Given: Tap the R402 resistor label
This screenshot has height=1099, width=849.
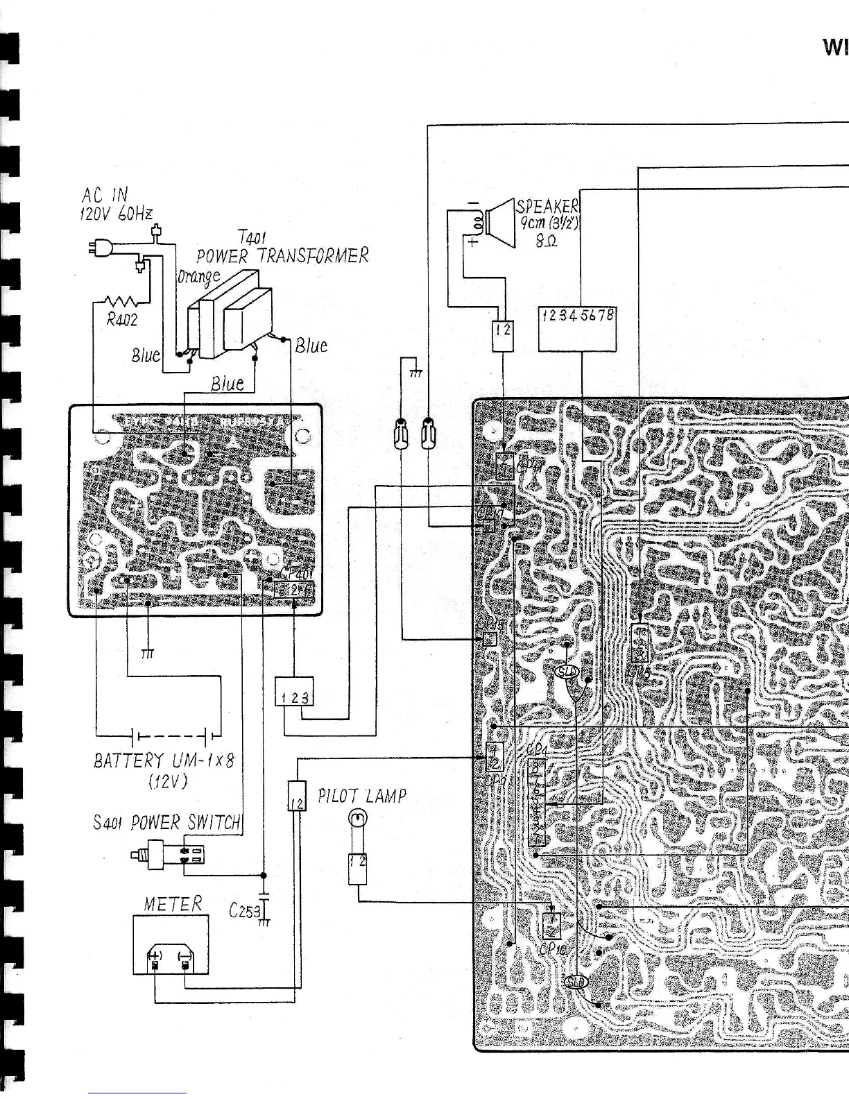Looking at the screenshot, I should [x=122, y=320].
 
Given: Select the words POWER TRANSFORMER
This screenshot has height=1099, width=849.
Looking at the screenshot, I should [x=282, y=255].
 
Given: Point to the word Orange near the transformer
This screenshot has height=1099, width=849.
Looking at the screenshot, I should [x=198, y=276].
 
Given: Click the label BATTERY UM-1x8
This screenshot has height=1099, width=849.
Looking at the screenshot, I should [x=164, y=760].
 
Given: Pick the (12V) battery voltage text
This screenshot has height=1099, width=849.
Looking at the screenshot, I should [x=167, y=781].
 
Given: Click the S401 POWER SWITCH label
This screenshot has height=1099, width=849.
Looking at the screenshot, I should [x=166, y=823].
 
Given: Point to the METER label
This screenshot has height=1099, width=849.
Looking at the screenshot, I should [x=173, y=904].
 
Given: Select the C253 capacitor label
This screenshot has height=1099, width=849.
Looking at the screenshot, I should [x=243, y=910].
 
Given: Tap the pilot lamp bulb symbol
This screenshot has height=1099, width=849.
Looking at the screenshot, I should [x=357, y=821].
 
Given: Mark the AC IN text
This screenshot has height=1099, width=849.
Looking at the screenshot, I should [x=105, y=195].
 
